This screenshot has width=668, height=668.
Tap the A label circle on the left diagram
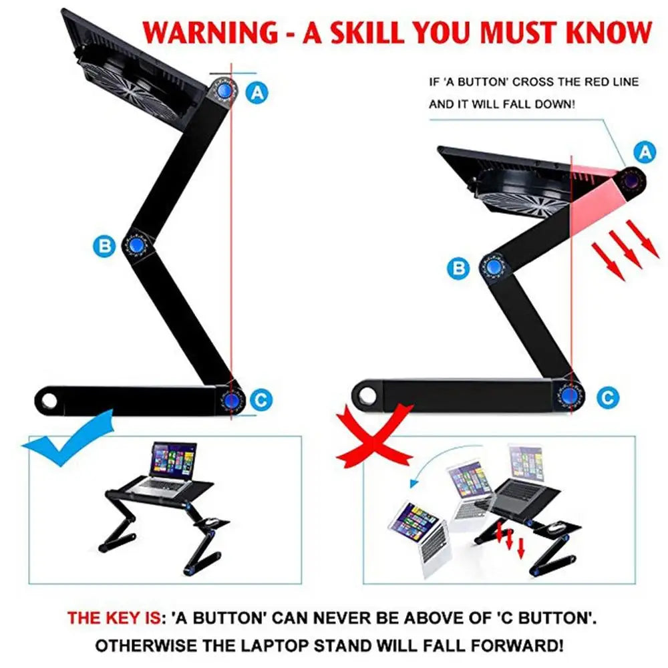257,92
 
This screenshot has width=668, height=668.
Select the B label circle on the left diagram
104,246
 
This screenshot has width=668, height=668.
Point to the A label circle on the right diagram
644,153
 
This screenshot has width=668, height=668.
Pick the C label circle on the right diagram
607,398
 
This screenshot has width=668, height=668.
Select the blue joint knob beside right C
569,395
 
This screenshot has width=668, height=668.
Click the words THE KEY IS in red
114,618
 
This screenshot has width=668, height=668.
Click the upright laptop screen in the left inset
174,460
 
